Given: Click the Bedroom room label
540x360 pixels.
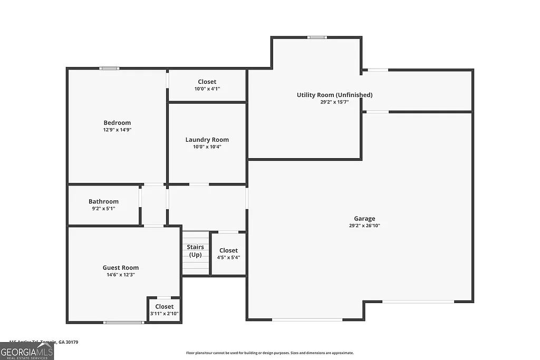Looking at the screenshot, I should pyautogui.click(x=117, y=123).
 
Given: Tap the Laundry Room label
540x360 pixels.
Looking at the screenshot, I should pyautogui.click(x=207, y=140).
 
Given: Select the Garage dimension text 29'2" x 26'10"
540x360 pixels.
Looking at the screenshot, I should pyautogui.click(x=364, y=226).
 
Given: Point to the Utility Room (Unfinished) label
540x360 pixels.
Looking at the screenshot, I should pyautogui.click(x=334, y=95).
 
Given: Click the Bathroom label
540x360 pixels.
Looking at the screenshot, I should pyautogui.click(x=103, y=201).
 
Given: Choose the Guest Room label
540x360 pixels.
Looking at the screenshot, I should pyautogui.click(x=121, y=268).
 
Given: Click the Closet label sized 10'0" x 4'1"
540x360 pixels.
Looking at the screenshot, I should pyautogui.click(x=207, y=82).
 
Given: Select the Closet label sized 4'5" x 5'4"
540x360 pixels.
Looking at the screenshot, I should pyautogui.click(x=228, y=250).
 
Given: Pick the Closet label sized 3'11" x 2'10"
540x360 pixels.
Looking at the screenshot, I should pyautogui.click(x=164, y=306).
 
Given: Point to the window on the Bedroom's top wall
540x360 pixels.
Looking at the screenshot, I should pyautogui.click(x=110, y=68).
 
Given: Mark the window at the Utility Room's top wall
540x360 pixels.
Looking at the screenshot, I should pyautogui.click(x=317, y=37).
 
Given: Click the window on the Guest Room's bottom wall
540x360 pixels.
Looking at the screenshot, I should pyautogui.click(x=124, y=322).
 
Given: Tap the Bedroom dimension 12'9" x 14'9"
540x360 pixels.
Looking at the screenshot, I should pyautogui.click(x=117, y=130).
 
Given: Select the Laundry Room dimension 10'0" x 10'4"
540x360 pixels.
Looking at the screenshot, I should pyautogui.click(x=207, y=147).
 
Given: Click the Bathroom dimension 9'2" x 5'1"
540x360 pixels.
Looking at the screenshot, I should pyautogui.click(x=103, y=208).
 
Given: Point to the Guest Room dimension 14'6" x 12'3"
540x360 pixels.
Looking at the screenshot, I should pyautogui.click(x=121, y=275).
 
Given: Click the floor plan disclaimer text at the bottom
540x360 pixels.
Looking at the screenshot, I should pyautogui.click(x=270, y=353).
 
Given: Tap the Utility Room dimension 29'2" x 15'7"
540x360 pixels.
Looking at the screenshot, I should pyautogui.click(x=334, y=102).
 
